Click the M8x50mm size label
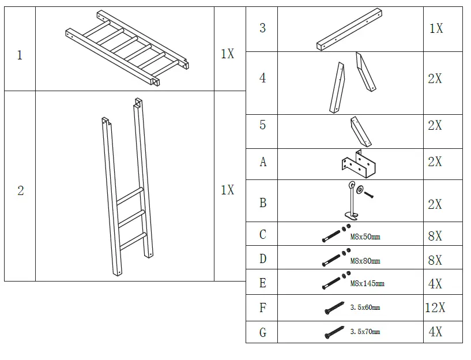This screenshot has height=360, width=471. click(x=366, y=237)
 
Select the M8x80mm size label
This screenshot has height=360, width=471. click(x=366, y=261)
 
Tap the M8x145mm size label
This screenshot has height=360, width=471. click(x=367, y=284)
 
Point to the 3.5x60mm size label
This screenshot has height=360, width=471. click(x=365, y=308)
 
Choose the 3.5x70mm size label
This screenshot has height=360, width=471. click(x=365, y=332)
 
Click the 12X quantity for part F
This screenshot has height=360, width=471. click(x=435, y=308)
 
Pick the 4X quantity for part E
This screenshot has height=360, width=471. click(x=435, y=284)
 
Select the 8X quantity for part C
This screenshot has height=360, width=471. click(x=435, y=236)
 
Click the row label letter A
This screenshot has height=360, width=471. click(x=263, y=162)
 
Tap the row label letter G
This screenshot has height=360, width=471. click(x=263, y=332)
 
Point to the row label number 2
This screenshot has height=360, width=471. click(x=20, y=191)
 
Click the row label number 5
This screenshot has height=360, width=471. click(x=263, y=125)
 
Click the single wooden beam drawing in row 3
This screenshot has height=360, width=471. click(x=350, y=29)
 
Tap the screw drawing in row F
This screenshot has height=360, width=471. click(x=334, y=308)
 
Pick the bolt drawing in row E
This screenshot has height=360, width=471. click(x=334, y=283)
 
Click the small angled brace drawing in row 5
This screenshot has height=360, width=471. click(x=360, y=132)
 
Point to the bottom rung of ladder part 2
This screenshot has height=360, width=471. click(x=131, y=237)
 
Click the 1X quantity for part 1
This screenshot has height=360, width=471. click(x=227, y=54)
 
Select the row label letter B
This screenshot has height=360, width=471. click(x=263, y=203)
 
